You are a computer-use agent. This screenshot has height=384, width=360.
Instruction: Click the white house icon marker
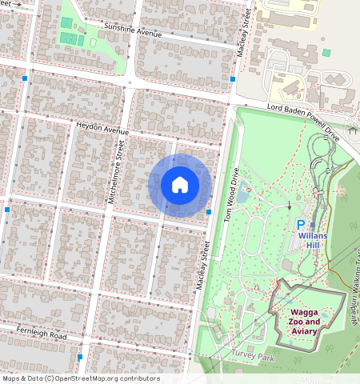(x=180, y=185)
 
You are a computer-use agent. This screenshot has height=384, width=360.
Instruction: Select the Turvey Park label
(x=254, y=358)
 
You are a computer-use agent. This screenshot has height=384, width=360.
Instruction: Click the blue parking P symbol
(x=301, y=226)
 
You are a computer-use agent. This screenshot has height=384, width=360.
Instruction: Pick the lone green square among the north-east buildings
(x=326, y=53)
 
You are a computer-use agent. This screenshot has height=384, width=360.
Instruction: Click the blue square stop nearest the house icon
(x=208, y=212)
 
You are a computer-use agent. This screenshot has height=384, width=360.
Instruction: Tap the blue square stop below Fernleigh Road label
(x=80, y=357)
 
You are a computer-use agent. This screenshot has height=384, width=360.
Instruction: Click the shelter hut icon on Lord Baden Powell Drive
(x=353, y=129)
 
